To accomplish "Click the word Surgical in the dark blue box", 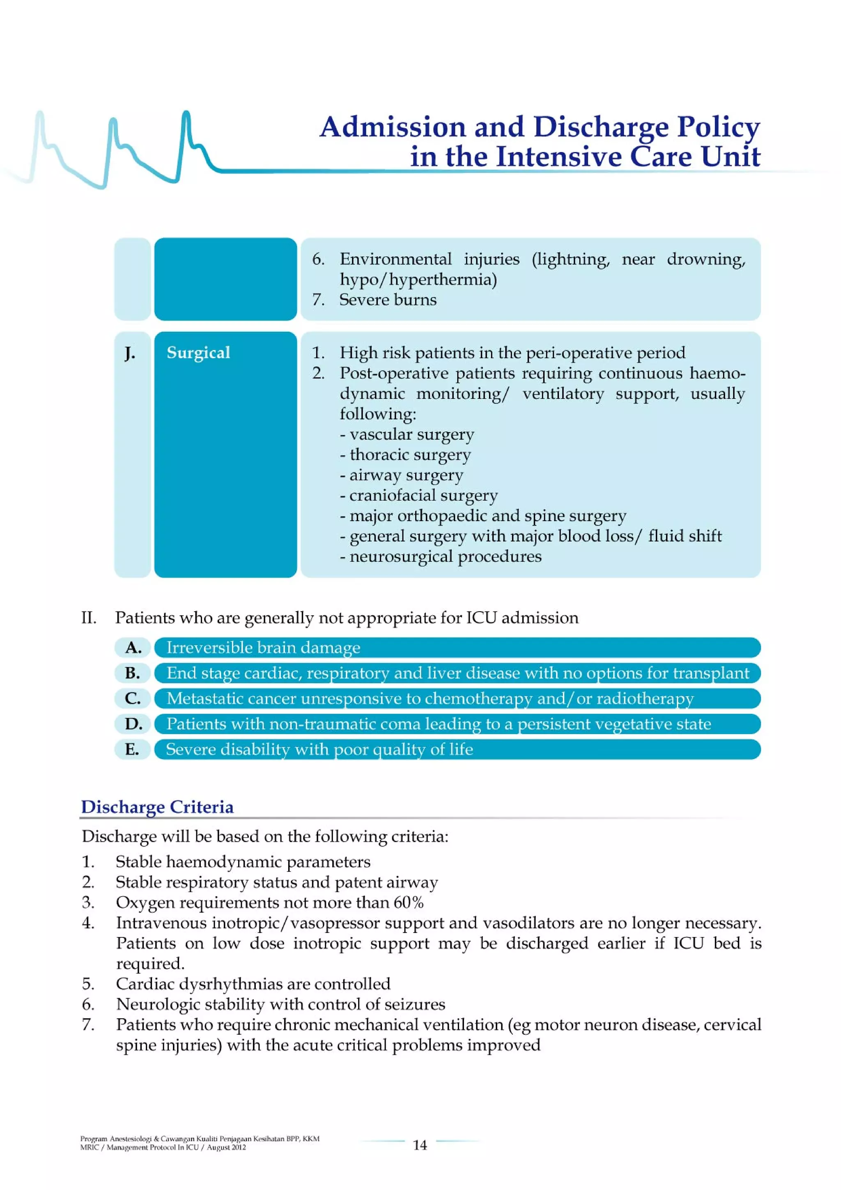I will pyautogui.click(x=198, y=352).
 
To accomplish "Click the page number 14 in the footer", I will pyautogui.click(x=420, y=1144).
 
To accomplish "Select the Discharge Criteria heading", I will pyautogui.click(x=157, y=807).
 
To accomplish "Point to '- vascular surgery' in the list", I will pyautogui.click(x=407, y=434).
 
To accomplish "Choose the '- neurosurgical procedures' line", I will pyautogui.click(x=441, y=556).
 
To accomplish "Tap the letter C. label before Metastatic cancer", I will pyautogui.click(x=133, y=698).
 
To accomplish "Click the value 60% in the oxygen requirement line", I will pyautogui.click(x=408, y=902).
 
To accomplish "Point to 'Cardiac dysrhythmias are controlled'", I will pyautogui.click(x=253, y=984).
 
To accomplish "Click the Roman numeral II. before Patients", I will pyautogui.click(x=89, y=618).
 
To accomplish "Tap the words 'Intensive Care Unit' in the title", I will pyautogui.click(x=627, y=157).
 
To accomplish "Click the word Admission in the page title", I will pyautogui.click(x=393, y=127).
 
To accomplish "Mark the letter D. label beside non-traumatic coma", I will pyautogui.click(x=133, y=723).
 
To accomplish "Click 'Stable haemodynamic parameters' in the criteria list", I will pyautogui.click(x=243, y=861).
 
